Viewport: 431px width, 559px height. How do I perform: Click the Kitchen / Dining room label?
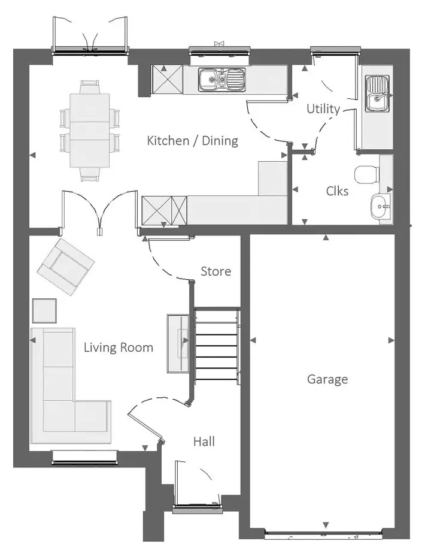192,141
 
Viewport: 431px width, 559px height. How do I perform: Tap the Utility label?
323,108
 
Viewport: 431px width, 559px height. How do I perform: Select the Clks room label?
337,191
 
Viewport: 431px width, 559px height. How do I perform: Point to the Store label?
216,271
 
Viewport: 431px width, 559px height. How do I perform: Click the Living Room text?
119,348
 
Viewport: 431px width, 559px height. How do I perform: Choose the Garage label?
327,379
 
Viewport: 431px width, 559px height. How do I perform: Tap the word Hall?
204,442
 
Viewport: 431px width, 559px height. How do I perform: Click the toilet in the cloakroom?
367,174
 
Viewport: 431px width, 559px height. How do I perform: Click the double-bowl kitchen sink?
222,79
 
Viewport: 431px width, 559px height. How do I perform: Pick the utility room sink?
378,93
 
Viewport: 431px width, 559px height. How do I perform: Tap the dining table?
89,130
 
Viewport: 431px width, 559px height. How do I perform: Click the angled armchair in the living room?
66,267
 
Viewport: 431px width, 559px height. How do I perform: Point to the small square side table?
44,310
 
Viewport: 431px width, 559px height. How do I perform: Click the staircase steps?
216,345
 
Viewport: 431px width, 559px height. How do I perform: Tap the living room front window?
85,458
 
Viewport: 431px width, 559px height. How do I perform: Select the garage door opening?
324,535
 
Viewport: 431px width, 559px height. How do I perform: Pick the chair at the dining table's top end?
90,86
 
